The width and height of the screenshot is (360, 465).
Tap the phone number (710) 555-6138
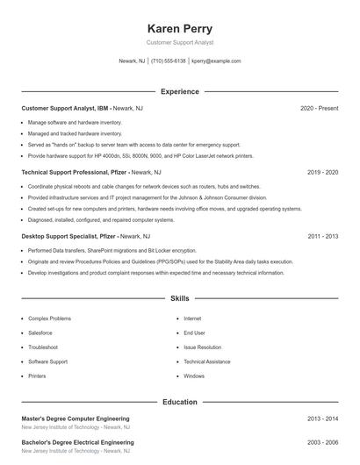tap(169, 61)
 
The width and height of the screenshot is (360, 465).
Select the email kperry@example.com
tap(216, 61)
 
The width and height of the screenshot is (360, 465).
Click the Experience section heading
tap(179, 91)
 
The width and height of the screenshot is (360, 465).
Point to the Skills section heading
tap(179, 299)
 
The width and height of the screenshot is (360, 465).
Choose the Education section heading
tap(179, 402)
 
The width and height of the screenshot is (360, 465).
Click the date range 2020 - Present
tap(319, 108)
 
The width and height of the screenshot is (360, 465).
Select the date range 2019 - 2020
tap(322, 173)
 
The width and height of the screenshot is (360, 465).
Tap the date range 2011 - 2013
tap(322, 236)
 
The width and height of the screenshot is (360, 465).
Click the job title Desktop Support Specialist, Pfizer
tap(68, 236)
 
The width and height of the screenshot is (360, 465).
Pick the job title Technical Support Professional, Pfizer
tap(73, 173)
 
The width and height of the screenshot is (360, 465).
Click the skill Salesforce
tap(40, 333)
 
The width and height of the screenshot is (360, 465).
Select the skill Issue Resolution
tap(202, 347)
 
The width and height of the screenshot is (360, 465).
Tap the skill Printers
tap(37, 376)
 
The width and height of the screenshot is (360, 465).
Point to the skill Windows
tap(194, 376)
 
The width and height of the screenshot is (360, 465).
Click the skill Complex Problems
tap(49, 318)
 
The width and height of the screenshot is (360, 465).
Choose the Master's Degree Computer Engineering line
tap(76, 418)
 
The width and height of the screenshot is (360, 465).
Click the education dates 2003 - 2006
tap(322, 442)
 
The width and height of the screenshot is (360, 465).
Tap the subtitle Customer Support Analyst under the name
tap(179, 42)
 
